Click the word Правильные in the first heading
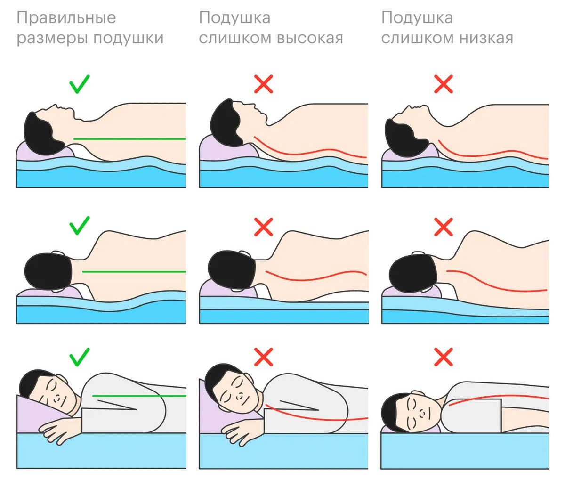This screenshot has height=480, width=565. [66, 18]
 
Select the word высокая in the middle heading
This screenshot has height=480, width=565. [310, 38]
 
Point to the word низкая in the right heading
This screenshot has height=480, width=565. [486, 38]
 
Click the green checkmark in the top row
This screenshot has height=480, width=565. [79, 84]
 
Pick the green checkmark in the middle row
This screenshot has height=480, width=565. [79, 225]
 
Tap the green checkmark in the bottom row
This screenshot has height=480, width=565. [79, 357]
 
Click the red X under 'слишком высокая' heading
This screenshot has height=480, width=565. [264, 84]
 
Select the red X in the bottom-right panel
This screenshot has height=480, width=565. [444, 357]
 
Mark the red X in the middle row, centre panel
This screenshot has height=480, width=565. [264, 227]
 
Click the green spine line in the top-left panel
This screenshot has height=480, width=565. [129, 139]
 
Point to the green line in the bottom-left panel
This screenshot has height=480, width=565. [139, 396]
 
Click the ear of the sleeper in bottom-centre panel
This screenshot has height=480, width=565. [248, 379]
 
